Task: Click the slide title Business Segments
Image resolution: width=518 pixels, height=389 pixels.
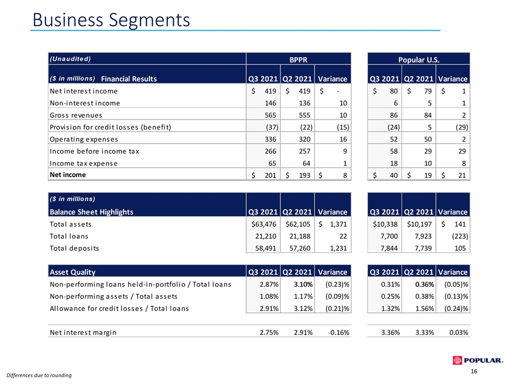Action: pyautogui.click(x=111, y=20)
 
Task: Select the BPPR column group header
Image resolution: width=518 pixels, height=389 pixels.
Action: pyautogui.click(x=298, y=60)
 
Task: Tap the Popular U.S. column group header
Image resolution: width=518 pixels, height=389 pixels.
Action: pyautogui.click(x=419, y=60)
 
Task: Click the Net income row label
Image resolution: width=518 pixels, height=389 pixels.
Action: pyautogui.click(x=68, y=175)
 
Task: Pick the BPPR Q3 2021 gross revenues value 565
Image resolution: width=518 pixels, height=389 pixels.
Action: pyautogui.click(x=270, y=115)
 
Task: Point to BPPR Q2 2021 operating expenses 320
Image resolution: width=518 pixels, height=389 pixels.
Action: pyautogui.click(x=304, y=139)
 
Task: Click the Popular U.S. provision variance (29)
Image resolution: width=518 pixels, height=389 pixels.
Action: pyautogui.click(x=461, y=128)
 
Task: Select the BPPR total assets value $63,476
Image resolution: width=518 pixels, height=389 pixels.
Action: pyautogui.click(x=264, y=224)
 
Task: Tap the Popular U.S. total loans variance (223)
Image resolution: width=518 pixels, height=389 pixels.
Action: pyautogui.click(x=460, y=236)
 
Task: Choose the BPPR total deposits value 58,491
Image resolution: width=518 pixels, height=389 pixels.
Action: pyautogui.click(x=265, y=249)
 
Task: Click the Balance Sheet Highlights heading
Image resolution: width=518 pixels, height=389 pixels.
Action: pyautogui.click(x=92, y=212)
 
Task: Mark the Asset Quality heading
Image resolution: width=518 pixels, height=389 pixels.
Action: pyautogui.click(x=72, y=272)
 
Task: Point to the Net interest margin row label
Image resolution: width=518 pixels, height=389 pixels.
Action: pyautogui.click(x=83, y=332)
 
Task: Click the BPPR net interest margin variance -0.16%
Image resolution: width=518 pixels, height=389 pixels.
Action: pyautogui.click(x=339, y=332)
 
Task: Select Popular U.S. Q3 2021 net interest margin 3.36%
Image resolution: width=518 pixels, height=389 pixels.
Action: pyautogui.click(x=391, y=332)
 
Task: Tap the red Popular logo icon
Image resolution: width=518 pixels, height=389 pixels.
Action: pyautogui.click(x=457, y=360)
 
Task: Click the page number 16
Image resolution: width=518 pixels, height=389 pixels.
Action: pyautogui.click(x=474, y=372)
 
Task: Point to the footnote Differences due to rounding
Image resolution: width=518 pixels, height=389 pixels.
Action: pyautogui.click(x=39, y=375)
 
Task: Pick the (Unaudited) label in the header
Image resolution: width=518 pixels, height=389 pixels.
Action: pyautogui.click(x=70, y=59)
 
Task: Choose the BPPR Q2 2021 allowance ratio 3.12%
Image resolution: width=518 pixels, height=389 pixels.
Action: pyautogui.click(x=303, y=308)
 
